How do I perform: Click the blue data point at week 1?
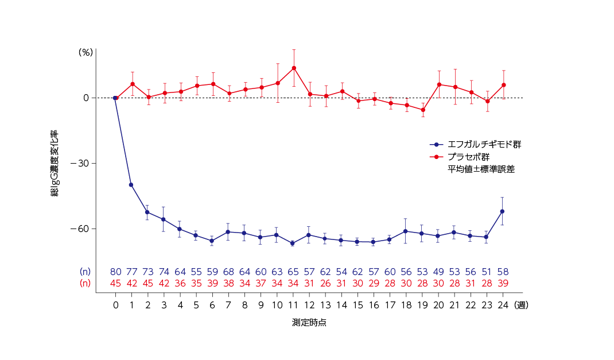point(131,185)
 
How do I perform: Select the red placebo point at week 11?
point(294,68)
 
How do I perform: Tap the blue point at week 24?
point(502,211)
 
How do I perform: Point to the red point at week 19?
point(423,110)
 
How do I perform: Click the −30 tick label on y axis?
point(79,164)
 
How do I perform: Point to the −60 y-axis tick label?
point(79,229)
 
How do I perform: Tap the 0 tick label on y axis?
point(86,98)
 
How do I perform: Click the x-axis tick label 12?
point(310,305)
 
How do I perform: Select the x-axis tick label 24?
point(502,305)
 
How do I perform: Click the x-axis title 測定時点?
point(309,323)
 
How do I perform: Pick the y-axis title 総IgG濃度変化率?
point(55,164)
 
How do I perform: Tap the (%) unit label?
point(86,52)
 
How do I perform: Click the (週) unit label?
point(521,305)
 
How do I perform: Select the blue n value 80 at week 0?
point(116,272)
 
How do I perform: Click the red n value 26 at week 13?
point(326,283)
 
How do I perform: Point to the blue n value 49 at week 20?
point(438,272)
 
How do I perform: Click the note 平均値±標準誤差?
point(481,169)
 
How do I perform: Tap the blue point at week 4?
point(180,229)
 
